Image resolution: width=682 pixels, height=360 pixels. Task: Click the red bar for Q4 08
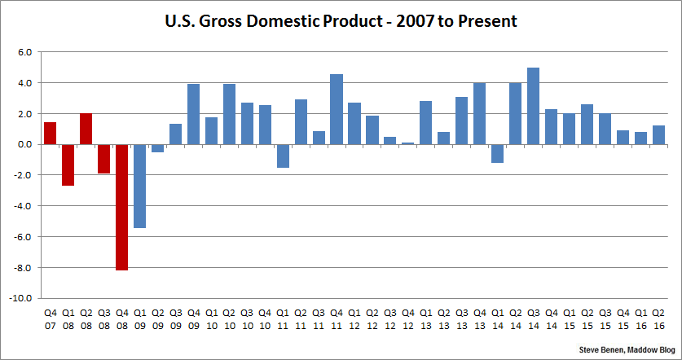121,207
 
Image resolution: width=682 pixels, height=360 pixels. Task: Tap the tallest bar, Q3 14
533,106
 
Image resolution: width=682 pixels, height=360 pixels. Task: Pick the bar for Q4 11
337,109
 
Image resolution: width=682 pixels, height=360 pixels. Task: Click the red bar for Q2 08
86,129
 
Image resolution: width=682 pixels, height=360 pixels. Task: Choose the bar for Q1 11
283,156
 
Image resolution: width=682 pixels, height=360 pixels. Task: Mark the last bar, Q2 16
658,135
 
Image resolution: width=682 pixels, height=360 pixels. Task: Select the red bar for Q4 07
50,133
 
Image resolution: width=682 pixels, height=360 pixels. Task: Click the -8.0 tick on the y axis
23,268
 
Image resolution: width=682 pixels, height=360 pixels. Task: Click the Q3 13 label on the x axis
461,318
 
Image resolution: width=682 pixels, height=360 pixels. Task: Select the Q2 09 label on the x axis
157,318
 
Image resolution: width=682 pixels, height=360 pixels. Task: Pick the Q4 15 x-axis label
623,318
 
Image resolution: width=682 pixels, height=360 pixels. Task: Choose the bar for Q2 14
515,113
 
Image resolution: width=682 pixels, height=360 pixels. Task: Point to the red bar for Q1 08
68,165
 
